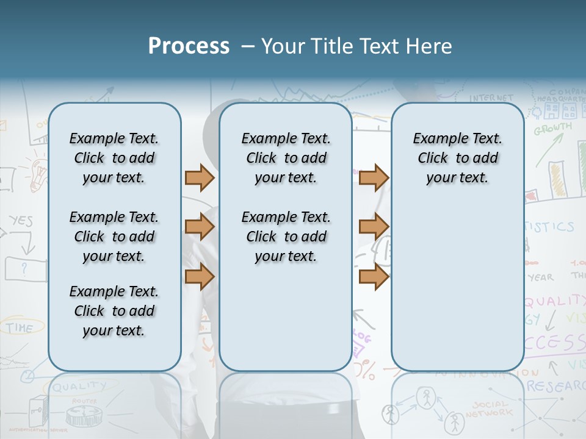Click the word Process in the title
click(189, 46)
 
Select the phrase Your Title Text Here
click(356, 46)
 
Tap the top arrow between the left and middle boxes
click(200, 177)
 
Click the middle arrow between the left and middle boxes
click(200, 227)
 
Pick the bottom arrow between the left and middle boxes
click(200, 276)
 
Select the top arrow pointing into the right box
click(374, 177)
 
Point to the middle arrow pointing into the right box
click(374, 227)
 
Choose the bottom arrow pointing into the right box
click(374, 276)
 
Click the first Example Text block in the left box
click(114, 158)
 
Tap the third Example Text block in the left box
click(114, 311)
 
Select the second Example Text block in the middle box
click(286, 237)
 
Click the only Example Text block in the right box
click(457, 158)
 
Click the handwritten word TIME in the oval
click(20, 328)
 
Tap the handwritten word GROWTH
click(552, 129)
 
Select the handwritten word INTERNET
click(491, 98)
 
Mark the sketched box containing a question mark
click(25, 268)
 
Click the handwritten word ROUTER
click(84, 401)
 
